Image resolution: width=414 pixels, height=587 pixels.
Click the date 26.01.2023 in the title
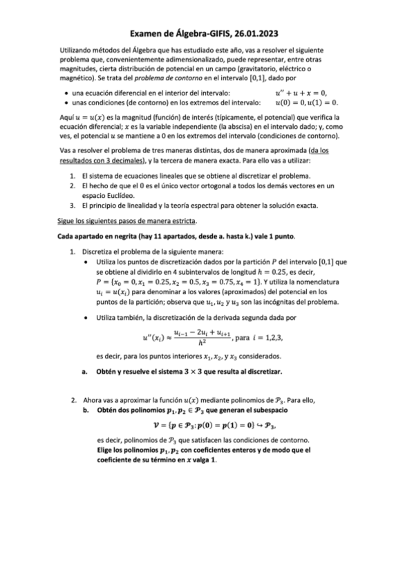tap(256, 33)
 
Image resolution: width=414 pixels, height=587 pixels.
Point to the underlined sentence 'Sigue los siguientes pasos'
tap(126, 221)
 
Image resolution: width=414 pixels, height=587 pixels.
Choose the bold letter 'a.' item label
tap(84, 372)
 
